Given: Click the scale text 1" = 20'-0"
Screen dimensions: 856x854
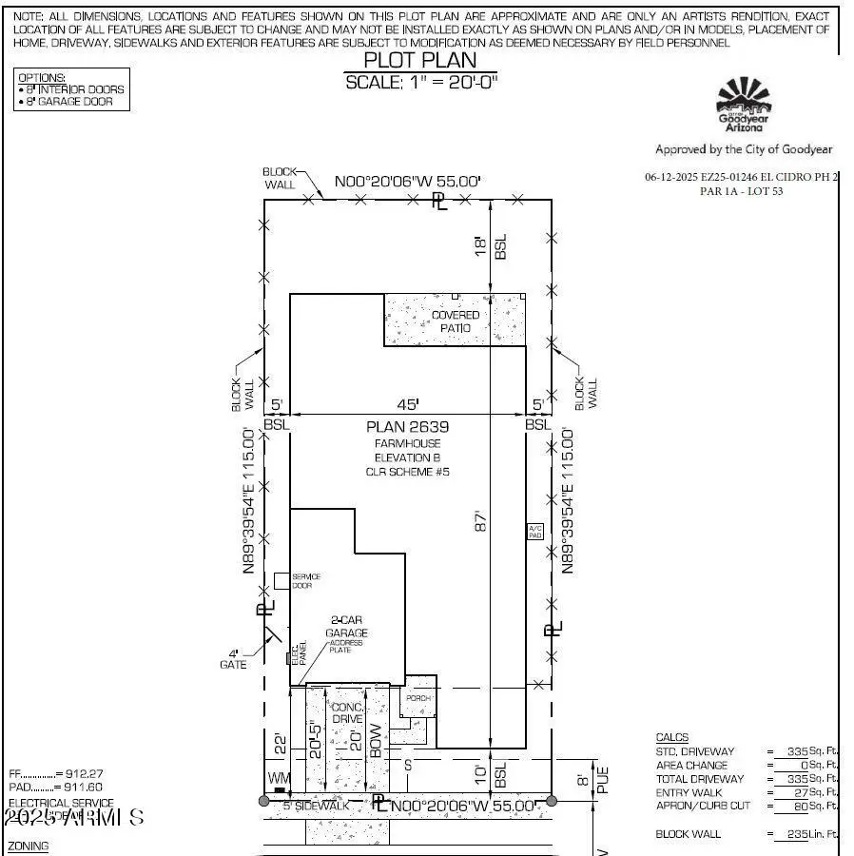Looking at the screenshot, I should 421,82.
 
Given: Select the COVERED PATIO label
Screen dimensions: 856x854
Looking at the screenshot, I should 456,321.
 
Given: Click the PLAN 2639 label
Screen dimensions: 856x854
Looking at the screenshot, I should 408,427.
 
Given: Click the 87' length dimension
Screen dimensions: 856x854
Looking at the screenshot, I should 481,523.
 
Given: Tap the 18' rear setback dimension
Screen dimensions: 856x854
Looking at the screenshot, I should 481,247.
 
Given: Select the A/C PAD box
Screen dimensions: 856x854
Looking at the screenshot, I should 534,532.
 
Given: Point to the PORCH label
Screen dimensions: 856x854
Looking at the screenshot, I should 419,698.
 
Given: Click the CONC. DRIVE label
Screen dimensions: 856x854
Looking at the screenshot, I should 347,713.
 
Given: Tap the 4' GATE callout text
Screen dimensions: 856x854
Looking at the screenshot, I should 233,659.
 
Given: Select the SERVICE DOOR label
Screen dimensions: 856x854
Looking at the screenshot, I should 306,581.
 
